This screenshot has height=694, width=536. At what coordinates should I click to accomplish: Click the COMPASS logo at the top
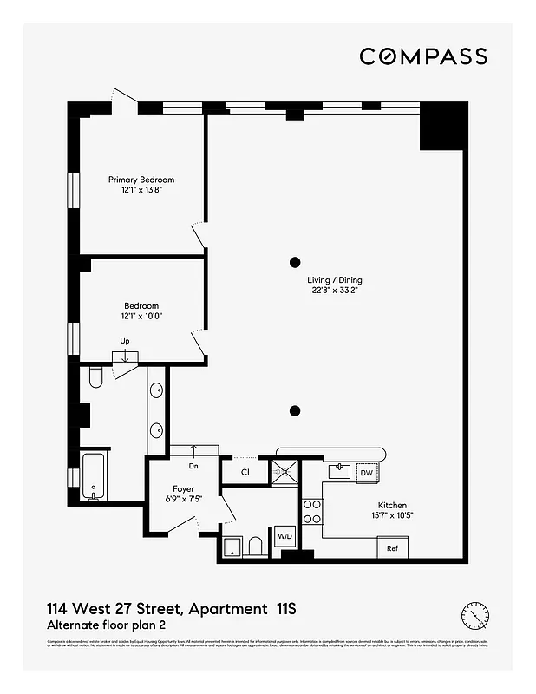(423, 56)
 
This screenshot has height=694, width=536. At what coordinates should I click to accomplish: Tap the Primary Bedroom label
(141, 180)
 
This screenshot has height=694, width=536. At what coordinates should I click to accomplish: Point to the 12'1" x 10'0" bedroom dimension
(141, 317)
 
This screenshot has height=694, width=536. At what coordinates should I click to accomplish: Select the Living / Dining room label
(335, 280)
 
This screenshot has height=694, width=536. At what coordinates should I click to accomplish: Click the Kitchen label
(392, 506)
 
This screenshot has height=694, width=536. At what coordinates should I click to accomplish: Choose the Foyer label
(184, 489)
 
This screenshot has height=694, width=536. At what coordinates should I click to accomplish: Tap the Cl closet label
(245, 473)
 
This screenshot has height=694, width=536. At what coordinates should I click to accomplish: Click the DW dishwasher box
(366, 473)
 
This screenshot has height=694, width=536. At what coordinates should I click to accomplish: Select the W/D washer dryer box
(284, 538)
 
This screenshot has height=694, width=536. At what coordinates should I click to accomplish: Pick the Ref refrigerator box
(392, 548)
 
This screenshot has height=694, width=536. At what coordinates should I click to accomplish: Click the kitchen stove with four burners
(311, 512)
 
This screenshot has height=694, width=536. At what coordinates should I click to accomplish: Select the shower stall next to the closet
(285, 472)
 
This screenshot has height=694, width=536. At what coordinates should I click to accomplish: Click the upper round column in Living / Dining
(295, 261)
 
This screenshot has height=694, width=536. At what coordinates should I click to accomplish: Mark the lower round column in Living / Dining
(295, 410)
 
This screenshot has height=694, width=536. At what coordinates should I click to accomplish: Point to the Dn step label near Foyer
(193, 466)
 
